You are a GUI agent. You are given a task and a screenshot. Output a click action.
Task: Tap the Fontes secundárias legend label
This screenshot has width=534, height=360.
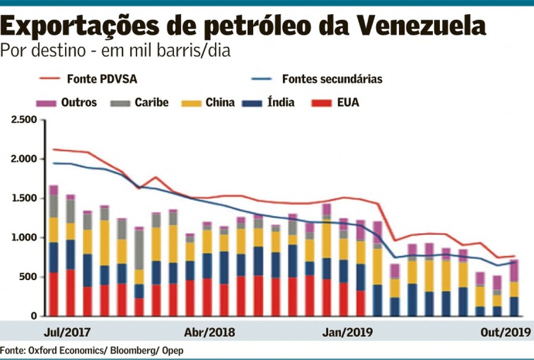coord(332,79)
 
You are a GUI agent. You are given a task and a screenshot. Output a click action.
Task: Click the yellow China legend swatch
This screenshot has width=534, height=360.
coord(192,103)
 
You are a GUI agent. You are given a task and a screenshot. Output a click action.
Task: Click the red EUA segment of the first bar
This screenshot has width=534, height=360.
coord(53,294)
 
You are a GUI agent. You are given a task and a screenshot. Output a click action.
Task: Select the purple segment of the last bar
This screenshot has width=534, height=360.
coord(512,270)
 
